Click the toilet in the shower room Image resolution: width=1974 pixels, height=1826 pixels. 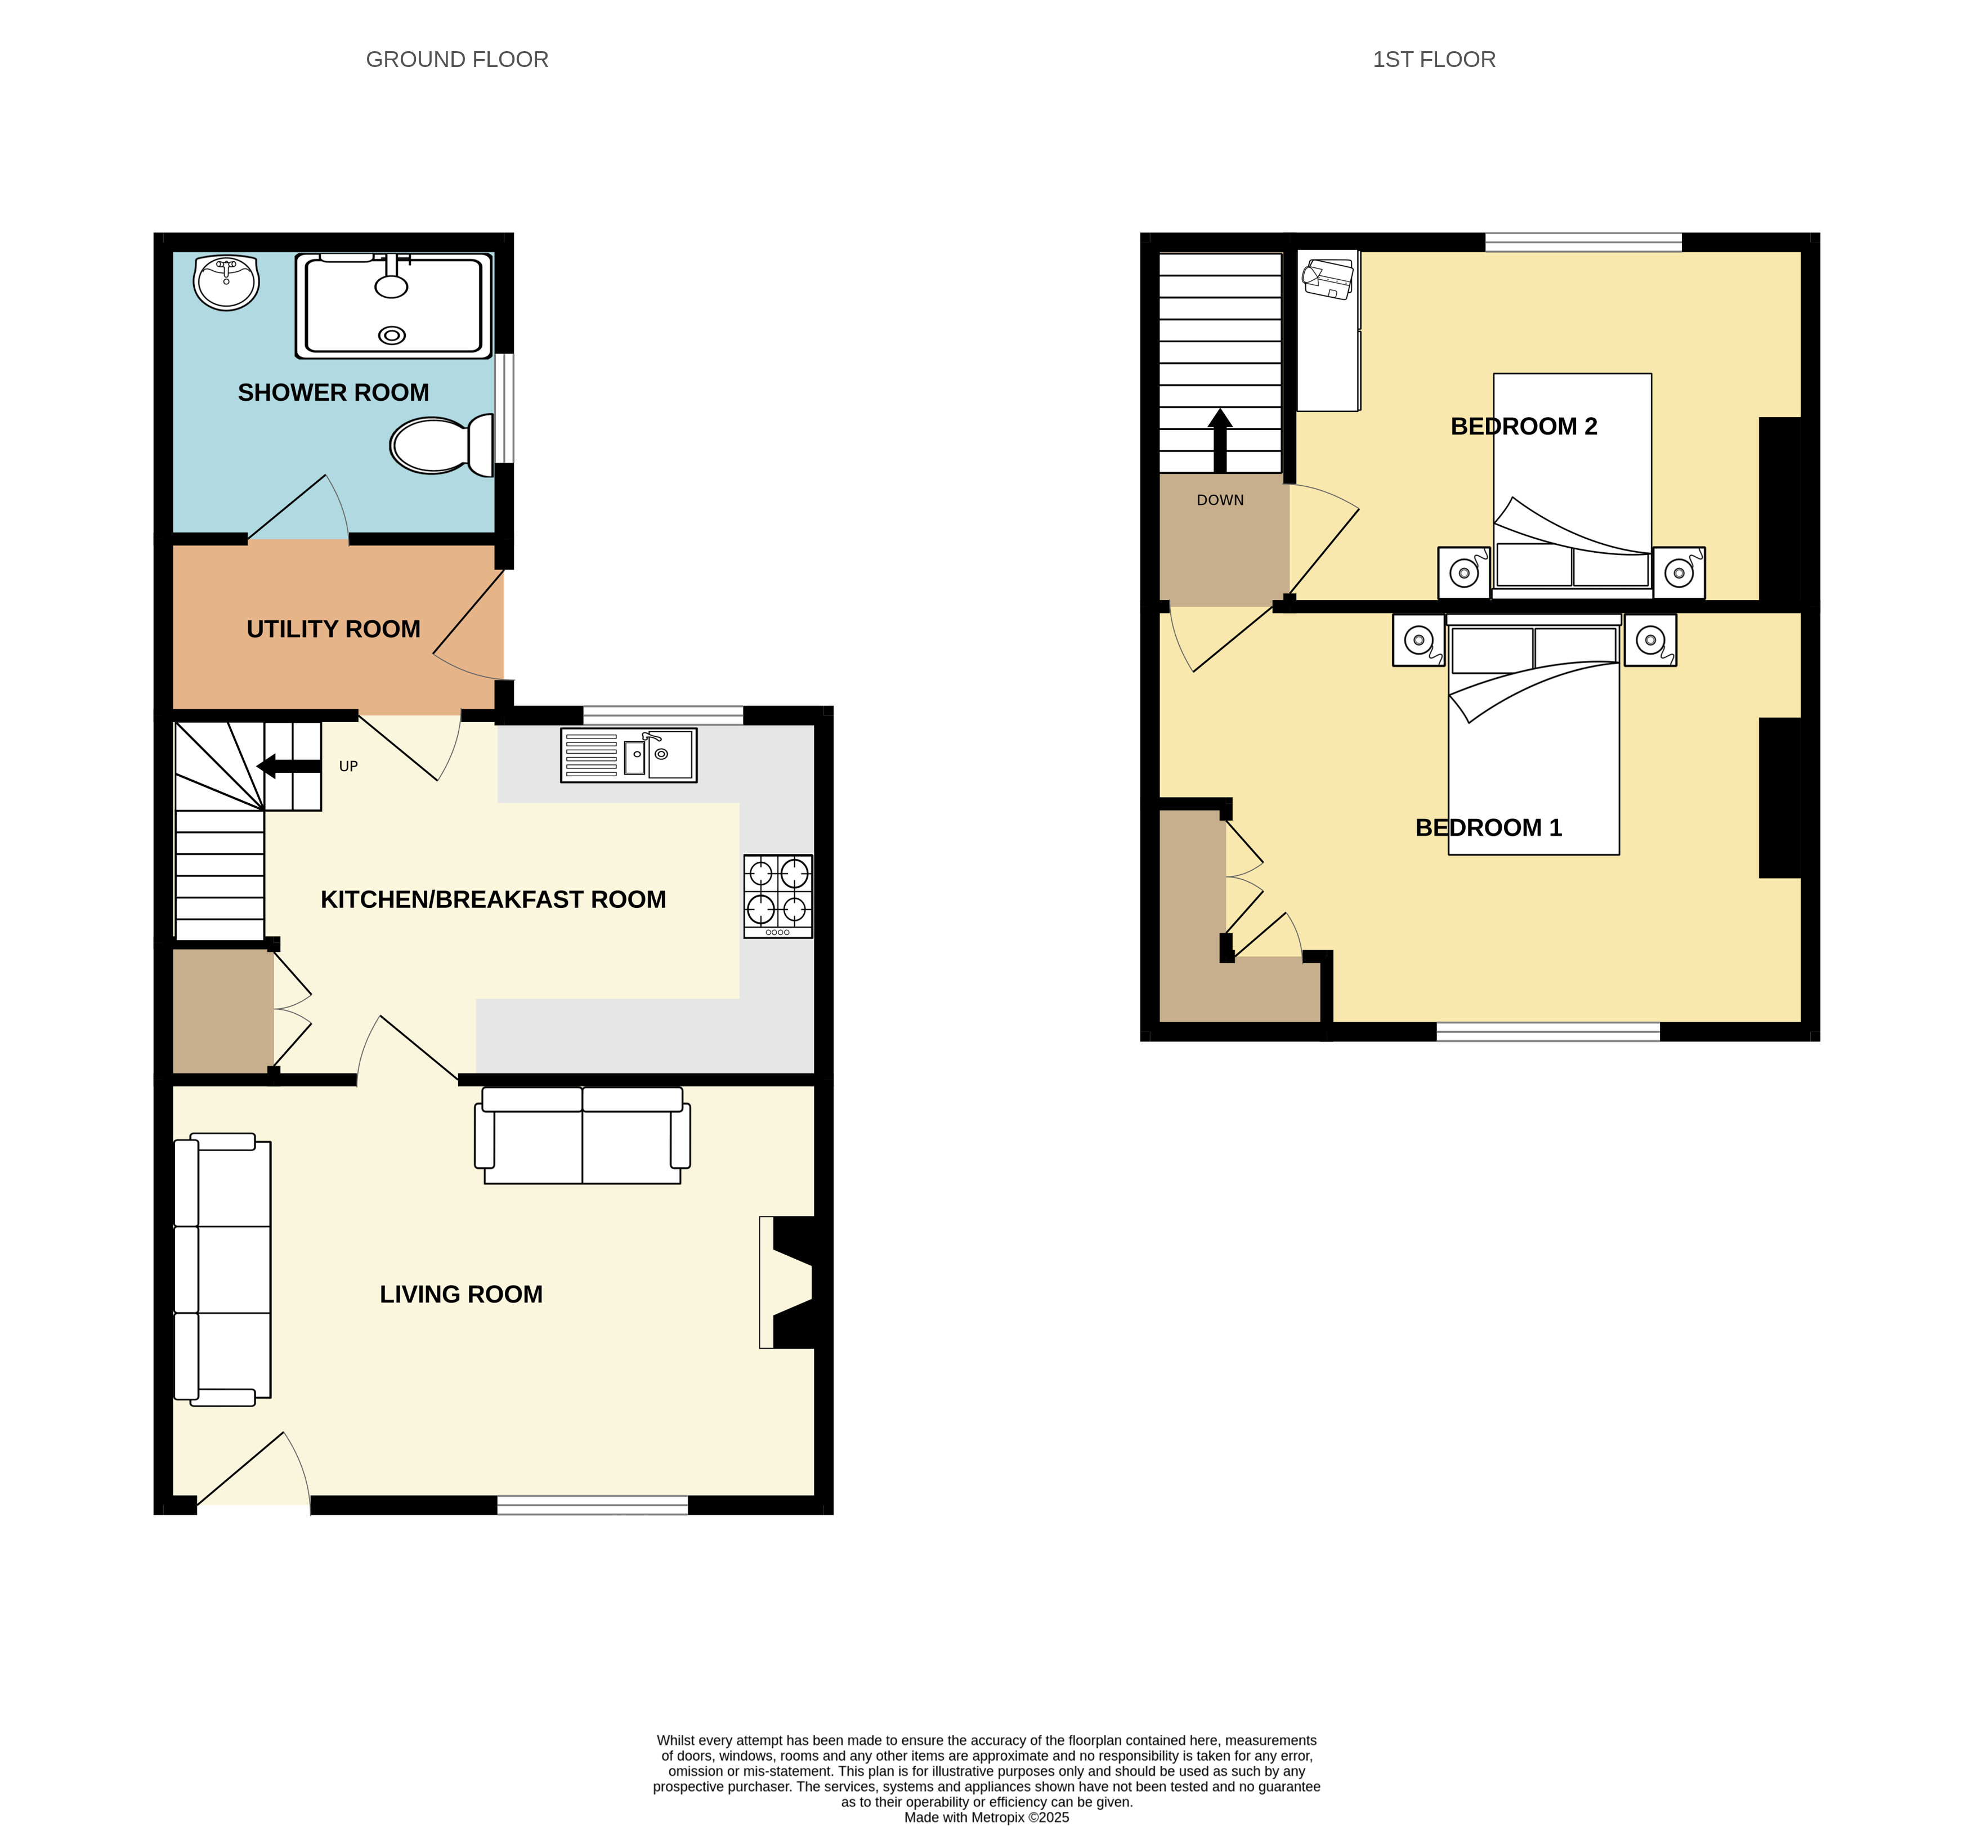pos(442,445)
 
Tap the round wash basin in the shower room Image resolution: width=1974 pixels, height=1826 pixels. pos(226,281)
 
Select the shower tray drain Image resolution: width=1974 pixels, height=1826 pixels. pos(392,335)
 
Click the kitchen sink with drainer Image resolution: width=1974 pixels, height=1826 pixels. pos(628,755)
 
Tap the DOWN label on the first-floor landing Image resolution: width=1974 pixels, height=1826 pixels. pos(1220,500)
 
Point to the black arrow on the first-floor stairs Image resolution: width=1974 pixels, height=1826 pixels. pos(1220,441)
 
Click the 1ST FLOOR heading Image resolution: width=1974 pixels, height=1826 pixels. pos(1434,59)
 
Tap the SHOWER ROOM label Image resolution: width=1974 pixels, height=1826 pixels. pos(334,392)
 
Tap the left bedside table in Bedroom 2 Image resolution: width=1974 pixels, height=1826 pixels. pos(1464,573)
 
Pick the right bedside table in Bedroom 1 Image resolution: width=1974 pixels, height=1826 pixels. pos(1650,641)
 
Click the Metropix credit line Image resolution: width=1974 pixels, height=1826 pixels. pos(986,1817)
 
